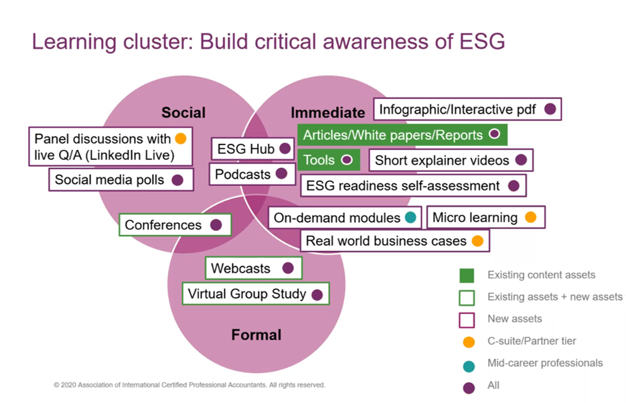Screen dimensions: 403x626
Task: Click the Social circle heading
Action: pos(183,112)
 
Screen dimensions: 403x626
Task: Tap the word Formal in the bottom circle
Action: pos(256,335)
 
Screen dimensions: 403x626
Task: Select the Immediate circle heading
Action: pos(328,112)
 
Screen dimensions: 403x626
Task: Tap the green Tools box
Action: pos(329,160)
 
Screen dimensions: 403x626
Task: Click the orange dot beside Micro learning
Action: pos(530,218)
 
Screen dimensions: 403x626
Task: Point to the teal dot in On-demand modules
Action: pos(410,218)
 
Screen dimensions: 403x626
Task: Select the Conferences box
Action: pos(175,225)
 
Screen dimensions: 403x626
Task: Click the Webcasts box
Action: pos(253,268)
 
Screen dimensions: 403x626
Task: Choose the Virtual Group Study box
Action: pos(256,294)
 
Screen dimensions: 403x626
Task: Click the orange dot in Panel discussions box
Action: pos(180,139)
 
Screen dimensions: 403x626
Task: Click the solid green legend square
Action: pos(467,275)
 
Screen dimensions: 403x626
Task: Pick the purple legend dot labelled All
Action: pos(469,386)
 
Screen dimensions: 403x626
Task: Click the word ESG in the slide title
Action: pos(479,42)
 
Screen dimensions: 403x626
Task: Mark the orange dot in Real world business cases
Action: pos(477,241)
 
